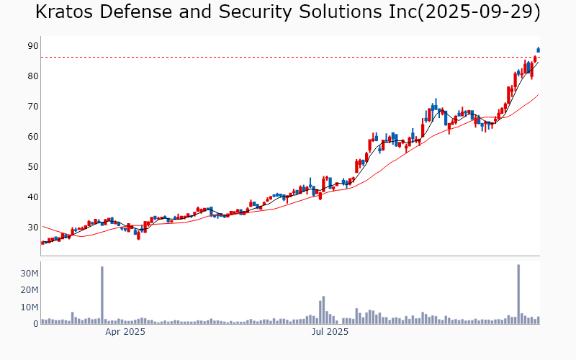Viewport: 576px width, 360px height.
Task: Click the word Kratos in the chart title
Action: click(68, 12)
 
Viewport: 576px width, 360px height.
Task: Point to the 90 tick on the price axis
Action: click(32, 46)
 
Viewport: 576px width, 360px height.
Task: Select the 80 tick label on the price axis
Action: click(32, 76)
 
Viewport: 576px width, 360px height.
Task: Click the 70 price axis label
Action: click(32, 107)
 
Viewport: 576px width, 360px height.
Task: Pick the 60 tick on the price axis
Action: click(32, 137)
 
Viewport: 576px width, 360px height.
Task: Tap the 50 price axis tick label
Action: click(32, 167)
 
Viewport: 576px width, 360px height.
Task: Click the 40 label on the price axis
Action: click(32, 197)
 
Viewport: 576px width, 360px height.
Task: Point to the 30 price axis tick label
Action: click(32, 228)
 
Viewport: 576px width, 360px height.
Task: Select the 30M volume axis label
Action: click(30, 274)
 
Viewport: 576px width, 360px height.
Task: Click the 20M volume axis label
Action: click(30, 290)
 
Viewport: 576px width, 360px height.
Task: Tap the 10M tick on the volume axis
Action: click(30, 307)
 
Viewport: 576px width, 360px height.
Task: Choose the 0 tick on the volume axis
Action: click(35, 324)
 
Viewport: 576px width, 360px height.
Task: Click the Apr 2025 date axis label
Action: click(125, 332)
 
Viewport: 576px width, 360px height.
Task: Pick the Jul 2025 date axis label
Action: click(330, 332)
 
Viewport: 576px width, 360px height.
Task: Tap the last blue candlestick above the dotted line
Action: click(538, 50)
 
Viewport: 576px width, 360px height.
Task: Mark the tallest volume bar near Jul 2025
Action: click(324, 310)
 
